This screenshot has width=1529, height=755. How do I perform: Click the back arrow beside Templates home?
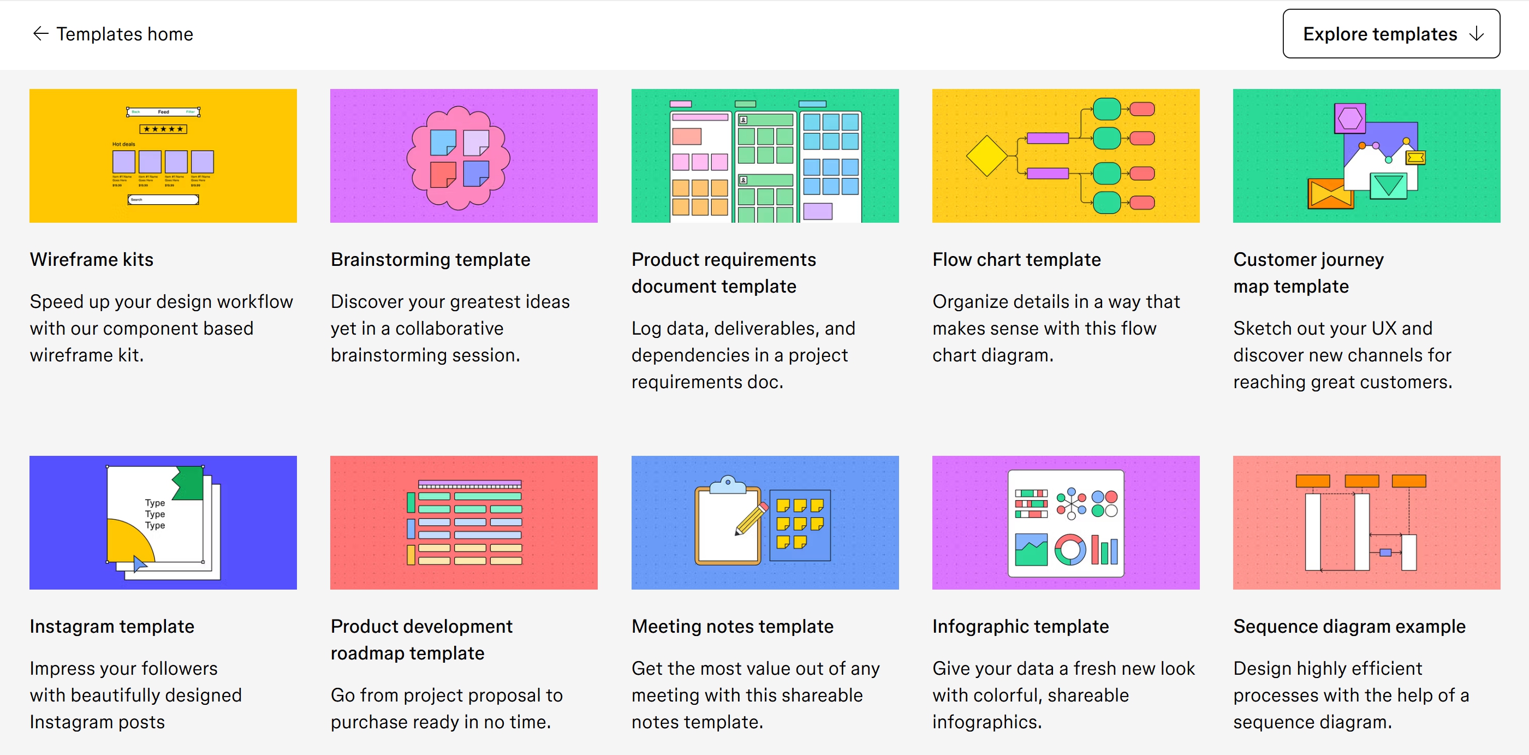click(40, 34)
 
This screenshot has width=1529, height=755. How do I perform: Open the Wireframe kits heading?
click(91, 259)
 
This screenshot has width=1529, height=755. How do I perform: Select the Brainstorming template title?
click(430, 259)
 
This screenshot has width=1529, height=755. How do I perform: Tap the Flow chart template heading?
click(1016, 259)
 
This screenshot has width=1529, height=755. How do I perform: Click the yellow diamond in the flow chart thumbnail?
click(986, 156)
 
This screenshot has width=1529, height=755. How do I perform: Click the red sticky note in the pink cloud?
click(442, 175)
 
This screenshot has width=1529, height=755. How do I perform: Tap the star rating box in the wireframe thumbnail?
click(163, 129)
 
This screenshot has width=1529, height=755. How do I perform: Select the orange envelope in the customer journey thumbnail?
click(1330, 194)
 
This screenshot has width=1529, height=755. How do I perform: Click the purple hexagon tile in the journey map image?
click(1350, 118)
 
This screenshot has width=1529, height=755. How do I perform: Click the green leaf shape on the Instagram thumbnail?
click(189, 483)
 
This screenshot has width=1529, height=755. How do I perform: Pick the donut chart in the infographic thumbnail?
click(1069, 550)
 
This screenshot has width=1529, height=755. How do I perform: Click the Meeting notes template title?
click(732, 626)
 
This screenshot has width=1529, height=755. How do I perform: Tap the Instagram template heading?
click(111, 626)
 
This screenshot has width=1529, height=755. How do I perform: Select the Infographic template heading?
click(1020, 626)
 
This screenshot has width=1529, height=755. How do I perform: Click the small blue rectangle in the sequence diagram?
click(1385, 552)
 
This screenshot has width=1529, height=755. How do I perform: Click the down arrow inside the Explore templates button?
click(1476, 34)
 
